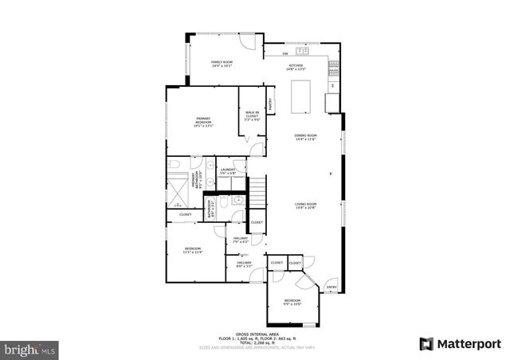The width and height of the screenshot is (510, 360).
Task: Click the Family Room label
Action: click(x=222, y=64)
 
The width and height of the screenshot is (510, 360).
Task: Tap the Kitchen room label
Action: click(x=296, y=67)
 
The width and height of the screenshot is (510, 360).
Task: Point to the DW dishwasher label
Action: click(x=285, y=54)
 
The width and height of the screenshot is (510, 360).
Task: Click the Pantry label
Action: click(x=271, y=102)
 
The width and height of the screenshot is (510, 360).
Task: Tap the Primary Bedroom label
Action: click(x=203, y=123)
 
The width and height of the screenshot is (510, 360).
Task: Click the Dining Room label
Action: click(x=306, y=138)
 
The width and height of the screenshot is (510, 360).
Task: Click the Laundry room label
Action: click(x=227, y=170)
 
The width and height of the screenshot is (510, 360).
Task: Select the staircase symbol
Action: click(x=257, y=192)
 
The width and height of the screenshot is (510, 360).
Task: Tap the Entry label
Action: click(x=331, y=288)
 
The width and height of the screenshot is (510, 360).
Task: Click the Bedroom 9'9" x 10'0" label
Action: click(x=293, y=302)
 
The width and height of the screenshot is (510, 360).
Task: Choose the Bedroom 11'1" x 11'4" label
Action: click(x=192, y=249)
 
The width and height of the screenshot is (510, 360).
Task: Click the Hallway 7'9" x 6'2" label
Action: click(x=241, y=239)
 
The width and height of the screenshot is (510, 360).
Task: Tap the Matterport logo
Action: click(x=461, y=343)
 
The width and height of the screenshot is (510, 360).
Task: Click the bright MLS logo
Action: click(x=30, y=349)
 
